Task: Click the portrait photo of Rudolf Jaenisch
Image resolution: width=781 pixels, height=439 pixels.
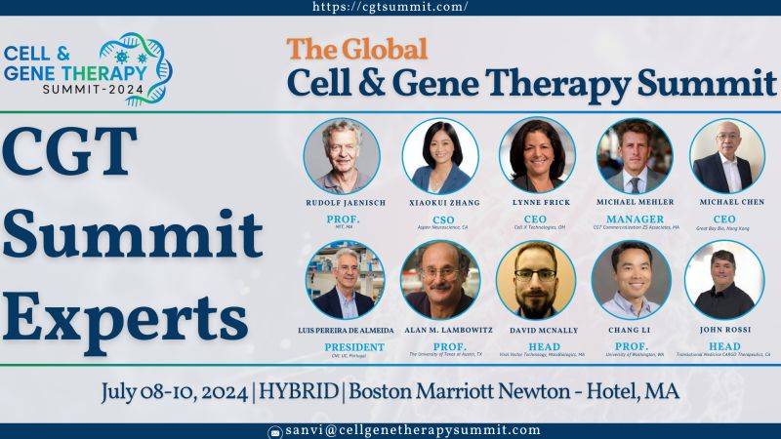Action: pyautogui.click(x=341, y=155)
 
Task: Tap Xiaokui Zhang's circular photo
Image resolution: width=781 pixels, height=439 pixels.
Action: pyautogui.click(x=440, y=155)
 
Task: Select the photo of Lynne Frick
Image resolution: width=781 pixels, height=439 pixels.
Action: pyautogui.click(x=537, y=155)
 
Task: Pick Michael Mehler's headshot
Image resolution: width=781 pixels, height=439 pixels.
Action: pyautogui.click(x=635, y=155)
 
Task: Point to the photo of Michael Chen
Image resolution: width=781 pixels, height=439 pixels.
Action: pyautogui.click(x=727, y=155)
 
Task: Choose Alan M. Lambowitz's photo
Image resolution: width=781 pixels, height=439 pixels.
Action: pyautogui.click(x=440, y=280)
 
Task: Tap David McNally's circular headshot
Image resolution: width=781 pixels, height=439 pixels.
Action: pyautogui.click(x=536, y=280)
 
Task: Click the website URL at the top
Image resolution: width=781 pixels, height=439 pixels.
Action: pyautogui.click(x=390, y=7)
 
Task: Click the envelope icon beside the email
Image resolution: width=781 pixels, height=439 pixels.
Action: pyautogui.click(x=276, y=431)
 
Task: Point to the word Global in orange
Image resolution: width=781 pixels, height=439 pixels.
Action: pyautogui.click(x=375, y=49)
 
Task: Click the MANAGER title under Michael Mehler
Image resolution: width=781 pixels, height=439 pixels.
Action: pyautogui.click(x=635, y=219)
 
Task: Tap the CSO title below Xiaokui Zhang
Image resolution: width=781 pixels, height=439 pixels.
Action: pyautogui.click(x=440, y=219)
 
